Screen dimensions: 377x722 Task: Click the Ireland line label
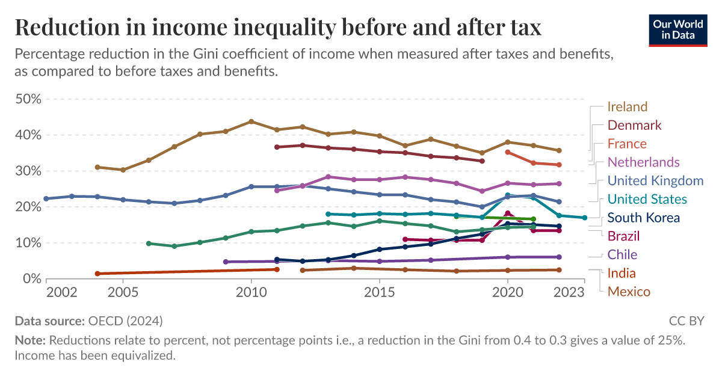coord(627,107)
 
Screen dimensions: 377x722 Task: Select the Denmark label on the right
coord(634,126)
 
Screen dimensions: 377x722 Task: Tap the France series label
coord(627,144)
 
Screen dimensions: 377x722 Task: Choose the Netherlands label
coord(643,162)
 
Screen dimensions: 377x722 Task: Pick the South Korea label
coord(644,218)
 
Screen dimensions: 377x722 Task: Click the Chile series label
coord(622,255)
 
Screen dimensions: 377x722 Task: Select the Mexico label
coord(629,292)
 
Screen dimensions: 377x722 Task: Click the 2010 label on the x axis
coord(251,292)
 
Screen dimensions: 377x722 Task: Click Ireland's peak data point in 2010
coord(251,121)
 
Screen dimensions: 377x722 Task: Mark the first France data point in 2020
coord(507,152)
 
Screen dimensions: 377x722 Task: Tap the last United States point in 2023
coord(584,218)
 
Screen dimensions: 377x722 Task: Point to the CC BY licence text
coord(686,320)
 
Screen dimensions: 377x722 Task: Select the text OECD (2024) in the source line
coord(125,320)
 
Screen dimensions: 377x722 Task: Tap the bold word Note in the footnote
coord(30,340)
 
